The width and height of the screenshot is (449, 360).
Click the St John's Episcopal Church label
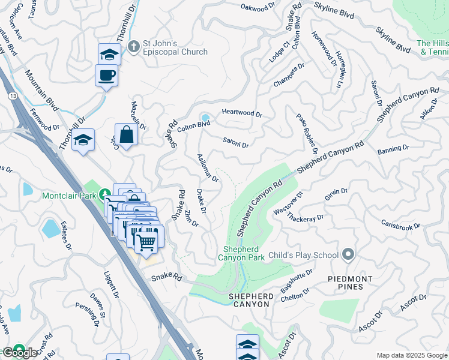pyautogui.click(x=175, y=47)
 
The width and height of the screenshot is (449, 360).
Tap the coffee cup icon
pyautogui.click(x=106, y=76)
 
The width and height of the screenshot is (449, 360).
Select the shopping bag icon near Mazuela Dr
pyautogui.click(x=127, y=134)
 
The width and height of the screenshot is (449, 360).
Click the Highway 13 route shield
pyautogui.click(x=12, y=96)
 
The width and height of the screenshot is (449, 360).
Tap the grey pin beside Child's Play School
pyautogui.click(x=348, y=255)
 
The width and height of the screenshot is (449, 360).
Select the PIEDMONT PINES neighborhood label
pyautogui.click(x=350, y=283)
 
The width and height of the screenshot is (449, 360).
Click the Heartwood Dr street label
pyautogui.click(x=242, y=113)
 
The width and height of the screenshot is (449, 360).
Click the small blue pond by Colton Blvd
pyautogui.click(x=205, y=118)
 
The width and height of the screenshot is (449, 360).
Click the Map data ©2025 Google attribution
pyautogui.click(x=411, y=355)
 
